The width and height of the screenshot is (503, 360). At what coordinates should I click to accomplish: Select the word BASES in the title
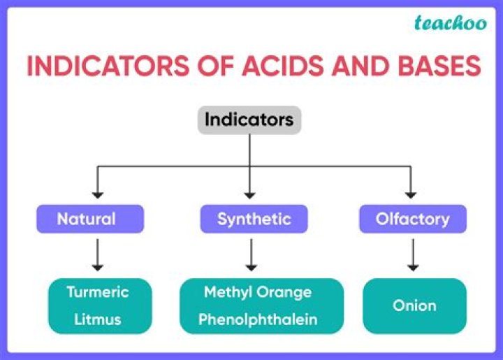434,66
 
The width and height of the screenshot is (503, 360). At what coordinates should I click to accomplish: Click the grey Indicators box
249,120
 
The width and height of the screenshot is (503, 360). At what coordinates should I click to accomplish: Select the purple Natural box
89,219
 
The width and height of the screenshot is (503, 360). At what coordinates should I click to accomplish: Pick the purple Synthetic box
252,219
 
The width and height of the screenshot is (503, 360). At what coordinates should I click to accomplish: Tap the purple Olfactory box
412,219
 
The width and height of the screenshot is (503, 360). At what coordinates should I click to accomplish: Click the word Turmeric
98,292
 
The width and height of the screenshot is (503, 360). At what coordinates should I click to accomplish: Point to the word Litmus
98,319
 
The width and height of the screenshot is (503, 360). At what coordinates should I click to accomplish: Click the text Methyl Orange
258,292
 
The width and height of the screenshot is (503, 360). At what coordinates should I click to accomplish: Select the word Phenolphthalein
258,319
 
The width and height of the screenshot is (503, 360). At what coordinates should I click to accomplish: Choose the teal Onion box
414,305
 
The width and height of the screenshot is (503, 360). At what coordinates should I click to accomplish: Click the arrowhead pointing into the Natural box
99,194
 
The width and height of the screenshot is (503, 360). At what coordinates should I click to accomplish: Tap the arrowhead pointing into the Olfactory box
411,194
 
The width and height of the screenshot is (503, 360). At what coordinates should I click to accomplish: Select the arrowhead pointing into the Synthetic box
250,194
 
